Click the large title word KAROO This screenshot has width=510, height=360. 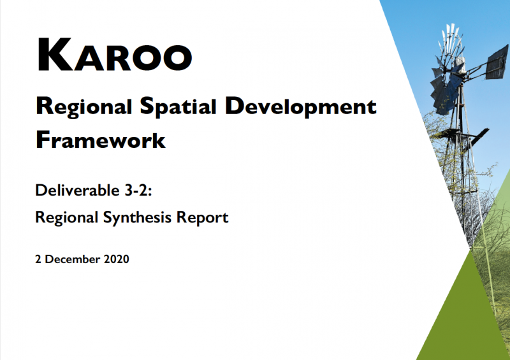click(x=114, y=55)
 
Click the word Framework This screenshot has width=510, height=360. click(x=100, y=139)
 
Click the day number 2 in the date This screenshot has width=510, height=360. click(x=39, y=259)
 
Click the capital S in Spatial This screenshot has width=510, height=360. click(x=145, y=107)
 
